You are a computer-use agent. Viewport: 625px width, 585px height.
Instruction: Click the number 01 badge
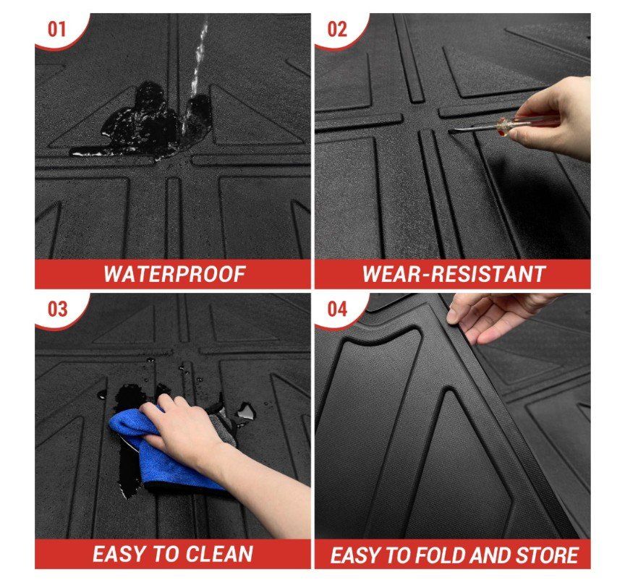56,30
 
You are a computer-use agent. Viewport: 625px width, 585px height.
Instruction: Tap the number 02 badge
337,30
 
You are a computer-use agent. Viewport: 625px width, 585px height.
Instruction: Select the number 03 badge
57,309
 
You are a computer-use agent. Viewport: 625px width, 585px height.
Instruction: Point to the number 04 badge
337,309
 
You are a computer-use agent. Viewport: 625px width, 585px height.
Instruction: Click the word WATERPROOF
174,274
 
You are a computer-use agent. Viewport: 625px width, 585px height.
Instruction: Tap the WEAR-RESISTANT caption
454,274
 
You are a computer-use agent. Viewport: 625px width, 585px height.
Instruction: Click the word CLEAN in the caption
219,554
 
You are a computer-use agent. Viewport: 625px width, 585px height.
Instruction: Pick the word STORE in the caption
548,555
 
